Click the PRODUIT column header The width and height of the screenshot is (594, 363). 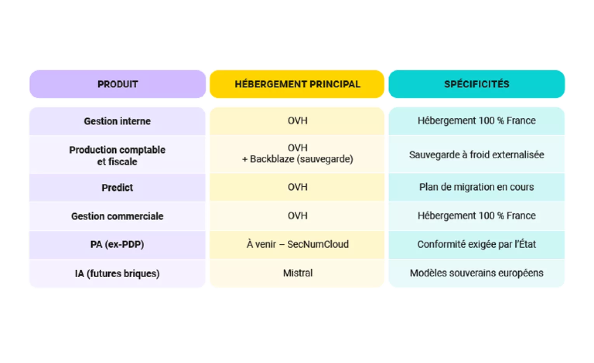(x=118, y=84)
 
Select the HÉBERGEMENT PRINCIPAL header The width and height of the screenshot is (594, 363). (x=297, y=84)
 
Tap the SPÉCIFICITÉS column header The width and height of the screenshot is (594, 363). (x=476, y=84)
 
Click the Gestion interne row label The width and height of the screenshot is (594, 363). (x=117, y=121)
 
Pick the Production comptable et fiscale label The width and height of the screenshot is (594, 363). (x=117, y=156)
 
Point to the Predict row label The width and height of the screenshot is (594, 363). (x=117, y=187)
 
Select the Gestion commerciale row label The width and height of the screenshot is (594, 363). (x=117, y=216)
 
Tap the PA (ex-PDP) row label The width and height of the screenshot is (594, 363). (x=117, y=244)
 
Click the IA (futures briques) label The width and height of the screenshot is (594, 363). (x=117, y=273)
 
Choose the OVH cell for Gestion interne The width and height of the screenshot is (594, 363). (x=297, y=121)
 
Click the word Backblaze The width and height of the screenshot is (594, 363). (x=272, y=159)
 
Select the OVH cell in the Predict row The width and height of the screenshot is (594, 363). (x=297, y=187)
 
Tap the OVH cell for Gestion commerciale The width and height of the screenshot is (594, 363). (x=297, y=216)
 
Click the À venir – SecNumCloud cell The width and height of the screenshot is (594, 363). (x=297, y=244)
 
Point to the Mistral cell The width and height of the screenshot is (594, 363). (x=297, y=273)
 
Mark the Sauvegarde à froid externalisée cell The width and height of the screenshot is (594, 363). (x=476, y=154)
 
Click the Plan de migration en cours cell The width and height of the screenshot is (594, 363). (x=476, y=187)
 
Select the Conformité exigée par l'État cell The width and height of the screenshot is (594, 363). (x=476, y=244)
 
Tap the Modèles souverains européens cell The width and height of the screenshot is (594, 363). (x=476, y=273)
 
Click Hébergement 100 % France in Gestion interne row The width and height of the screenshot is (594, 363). (x=476, y=121)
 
